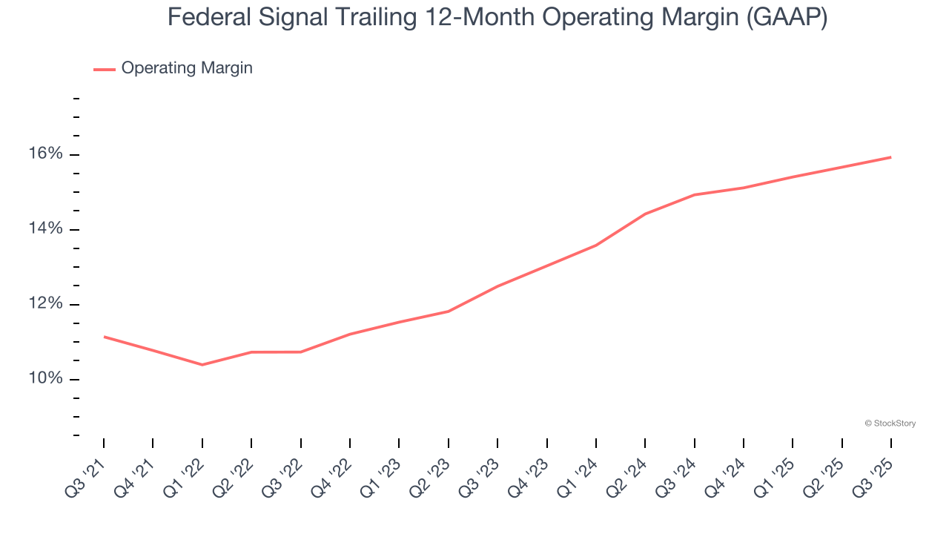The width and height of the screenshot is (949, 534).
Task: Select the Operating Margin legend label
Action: (x=187, y=68)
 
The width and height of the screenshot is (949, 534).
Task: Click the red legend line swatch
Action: (x=105, y=69)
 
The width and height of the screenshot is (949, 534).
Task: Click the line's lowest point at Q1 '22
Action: (x=202, y=365)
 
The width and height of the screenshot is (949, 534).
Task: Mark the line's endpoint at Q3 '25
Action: (x=890, y=157)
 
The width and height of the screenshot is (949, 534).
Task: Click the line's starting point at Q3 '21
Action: (x=104, y=337)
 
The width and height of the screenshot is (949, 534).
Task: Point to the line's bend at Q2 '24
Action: (x=645, y=214)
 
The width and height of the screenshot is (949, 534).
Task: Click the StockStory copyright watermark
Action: (x=890, y=423)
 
